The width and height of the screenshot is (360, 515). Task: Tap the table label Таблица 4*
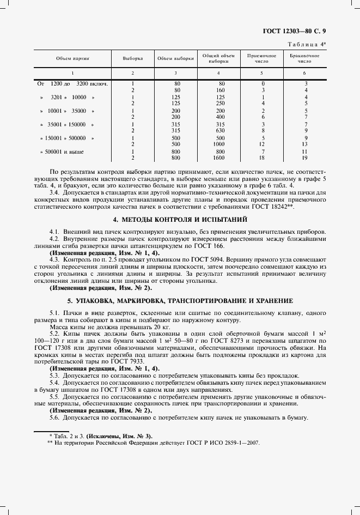point(307,44)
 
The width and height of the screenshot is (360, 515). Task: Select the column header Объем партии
point(72,58)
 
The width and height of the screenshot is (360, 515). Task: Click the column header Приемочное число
point(263,58)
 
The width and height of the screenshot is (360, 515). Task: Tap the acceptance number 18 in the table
point(263,157)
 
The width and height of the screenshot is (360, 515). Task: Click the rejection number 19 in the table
point(306,157)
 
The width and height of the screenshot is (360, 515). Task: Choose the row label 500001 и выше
point(66,151)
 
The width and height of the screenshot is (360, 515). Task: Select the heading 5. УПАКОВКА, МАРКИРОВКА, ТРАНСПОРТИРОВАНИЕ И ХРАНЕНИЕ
point(180,300)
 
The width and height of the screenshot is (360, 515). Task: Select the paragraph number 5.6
point(54,417)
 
